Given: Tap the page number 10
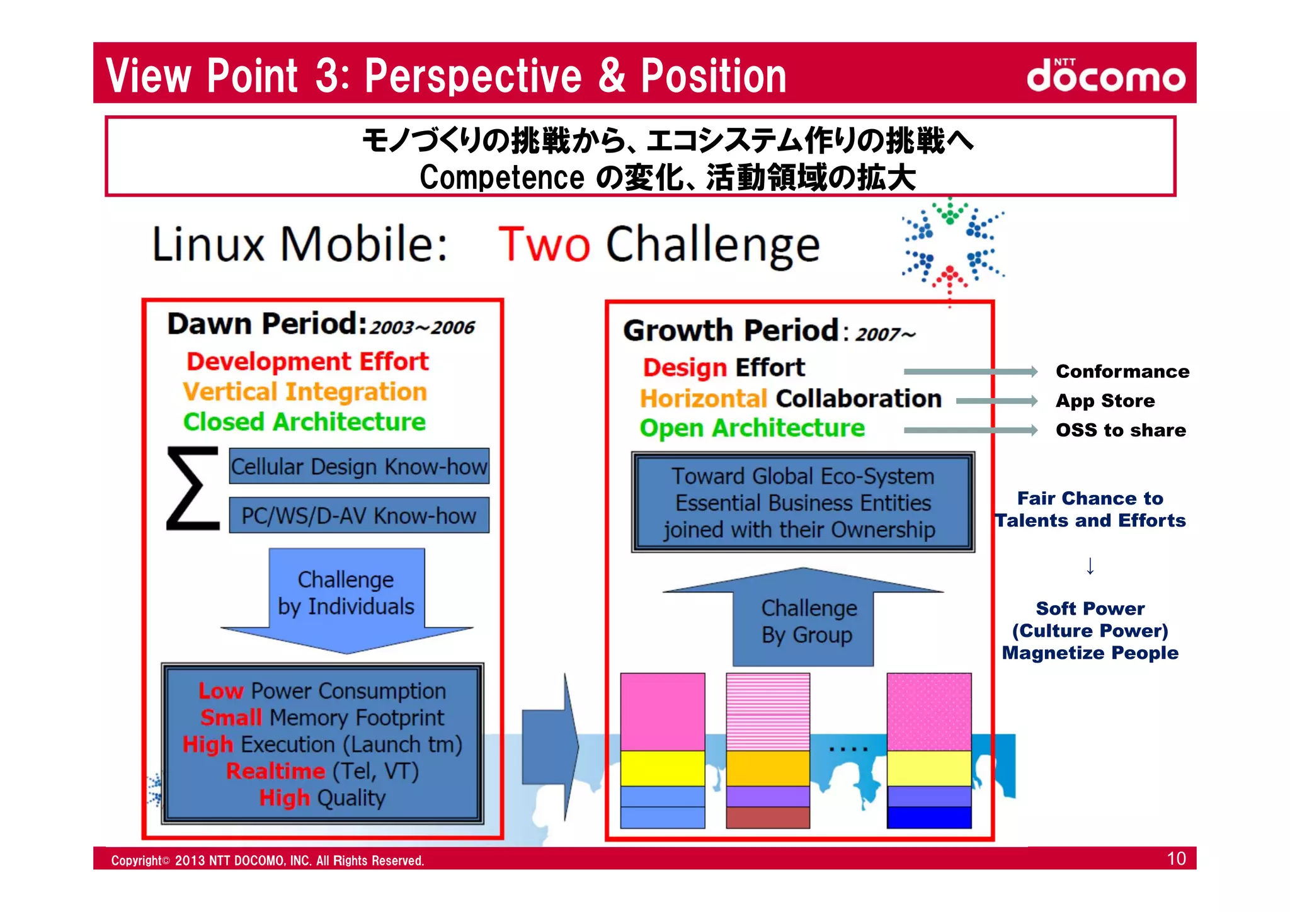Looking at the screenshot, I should point(1176,858).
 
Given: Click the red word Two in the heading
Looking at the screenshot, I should point(544,244).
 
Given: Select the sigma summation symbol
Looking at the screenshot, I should point(192,489).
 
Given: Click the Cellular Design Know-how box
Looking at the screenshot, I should point(359,467).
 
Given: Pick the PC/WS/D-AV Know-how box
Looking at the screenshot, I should point(359,516).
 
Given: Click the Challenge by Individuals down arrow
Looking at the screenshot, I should point(346,598).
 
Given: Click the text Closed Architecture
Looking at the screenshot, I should point(304,422).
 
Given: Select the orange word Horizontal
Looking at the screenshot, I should point(703,399).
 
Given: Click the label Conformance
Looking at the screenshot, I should point(1122,372).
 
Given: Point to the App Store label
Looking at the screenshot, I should point(1105,401).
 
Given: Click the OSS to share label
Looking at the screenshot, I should point(1121,430).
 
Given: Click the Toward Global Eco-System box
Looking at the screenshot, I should point(803,503).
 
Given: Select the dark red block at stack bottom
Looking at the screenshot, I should point(768,818).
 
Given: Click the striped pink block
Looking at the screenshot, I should point(768,712).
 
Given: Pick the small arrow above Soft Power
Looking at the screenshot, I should point(1090,566).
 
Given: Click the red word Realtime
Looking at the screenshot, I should point(275,772).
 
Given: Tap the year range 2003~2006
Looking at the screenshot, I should point(421,328).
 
